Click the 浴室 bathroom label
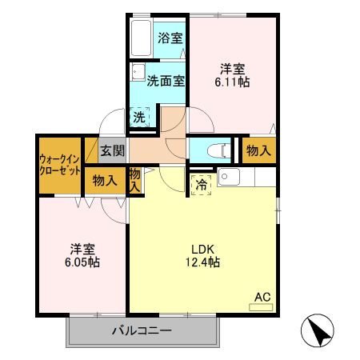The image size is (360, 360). point(169,37)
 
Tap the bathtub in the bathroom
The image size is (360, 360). point(142,37)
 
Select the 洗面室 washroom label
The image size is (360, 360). point(166,80)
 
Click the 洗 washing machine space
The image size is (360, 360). point(141,117)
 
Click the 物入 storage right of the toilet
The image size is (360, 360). point(258,150)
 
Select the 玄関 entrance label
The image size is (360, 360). point(112,150)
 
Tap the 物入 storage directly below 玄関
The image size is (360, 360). point(105,180)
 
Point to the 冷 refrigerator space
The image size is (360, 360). point(201,183)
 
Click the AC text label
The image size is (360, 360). point(262,297)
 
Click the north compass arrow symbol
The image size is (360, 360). point(318,330)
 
